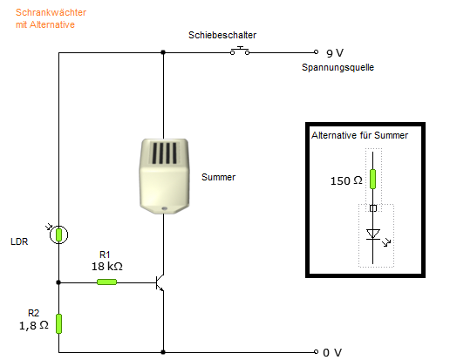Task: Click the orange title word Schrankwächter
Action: pos(51,12)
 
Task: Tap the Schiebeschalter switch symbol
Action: pos(240,51)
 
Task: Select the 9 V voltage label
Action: pos(335,53)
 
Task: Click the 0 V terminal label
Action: pos(332,353)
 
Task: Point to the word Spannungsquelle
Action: pos(337,67)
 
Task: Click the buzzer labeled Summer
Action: pos(164,176)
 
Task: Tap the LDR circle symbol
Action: pos(58,234)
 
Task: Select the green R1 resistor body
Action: pos(106,282)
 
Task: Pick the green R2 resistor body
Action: pos(58,323)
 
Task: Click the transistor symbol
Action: pos(160,282)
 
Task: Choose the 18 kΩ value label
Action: pos(107,267)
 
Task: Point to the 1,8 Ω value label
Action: pos(34,325)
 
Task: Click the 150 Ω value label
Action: pos(346,180)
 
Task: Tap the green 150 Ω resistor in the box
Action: pos(372,180)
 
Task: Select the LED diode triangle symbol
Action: pos(373,234)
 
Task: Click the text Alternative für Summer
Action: pos(359,135)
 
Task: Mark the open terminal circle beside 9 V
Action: pos(317,52)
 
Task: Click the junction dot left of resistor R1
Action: pos(58,282)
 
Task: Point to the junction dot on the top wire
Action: pos(163,52)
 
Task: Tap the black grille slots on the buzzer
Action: pos(164,153)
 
